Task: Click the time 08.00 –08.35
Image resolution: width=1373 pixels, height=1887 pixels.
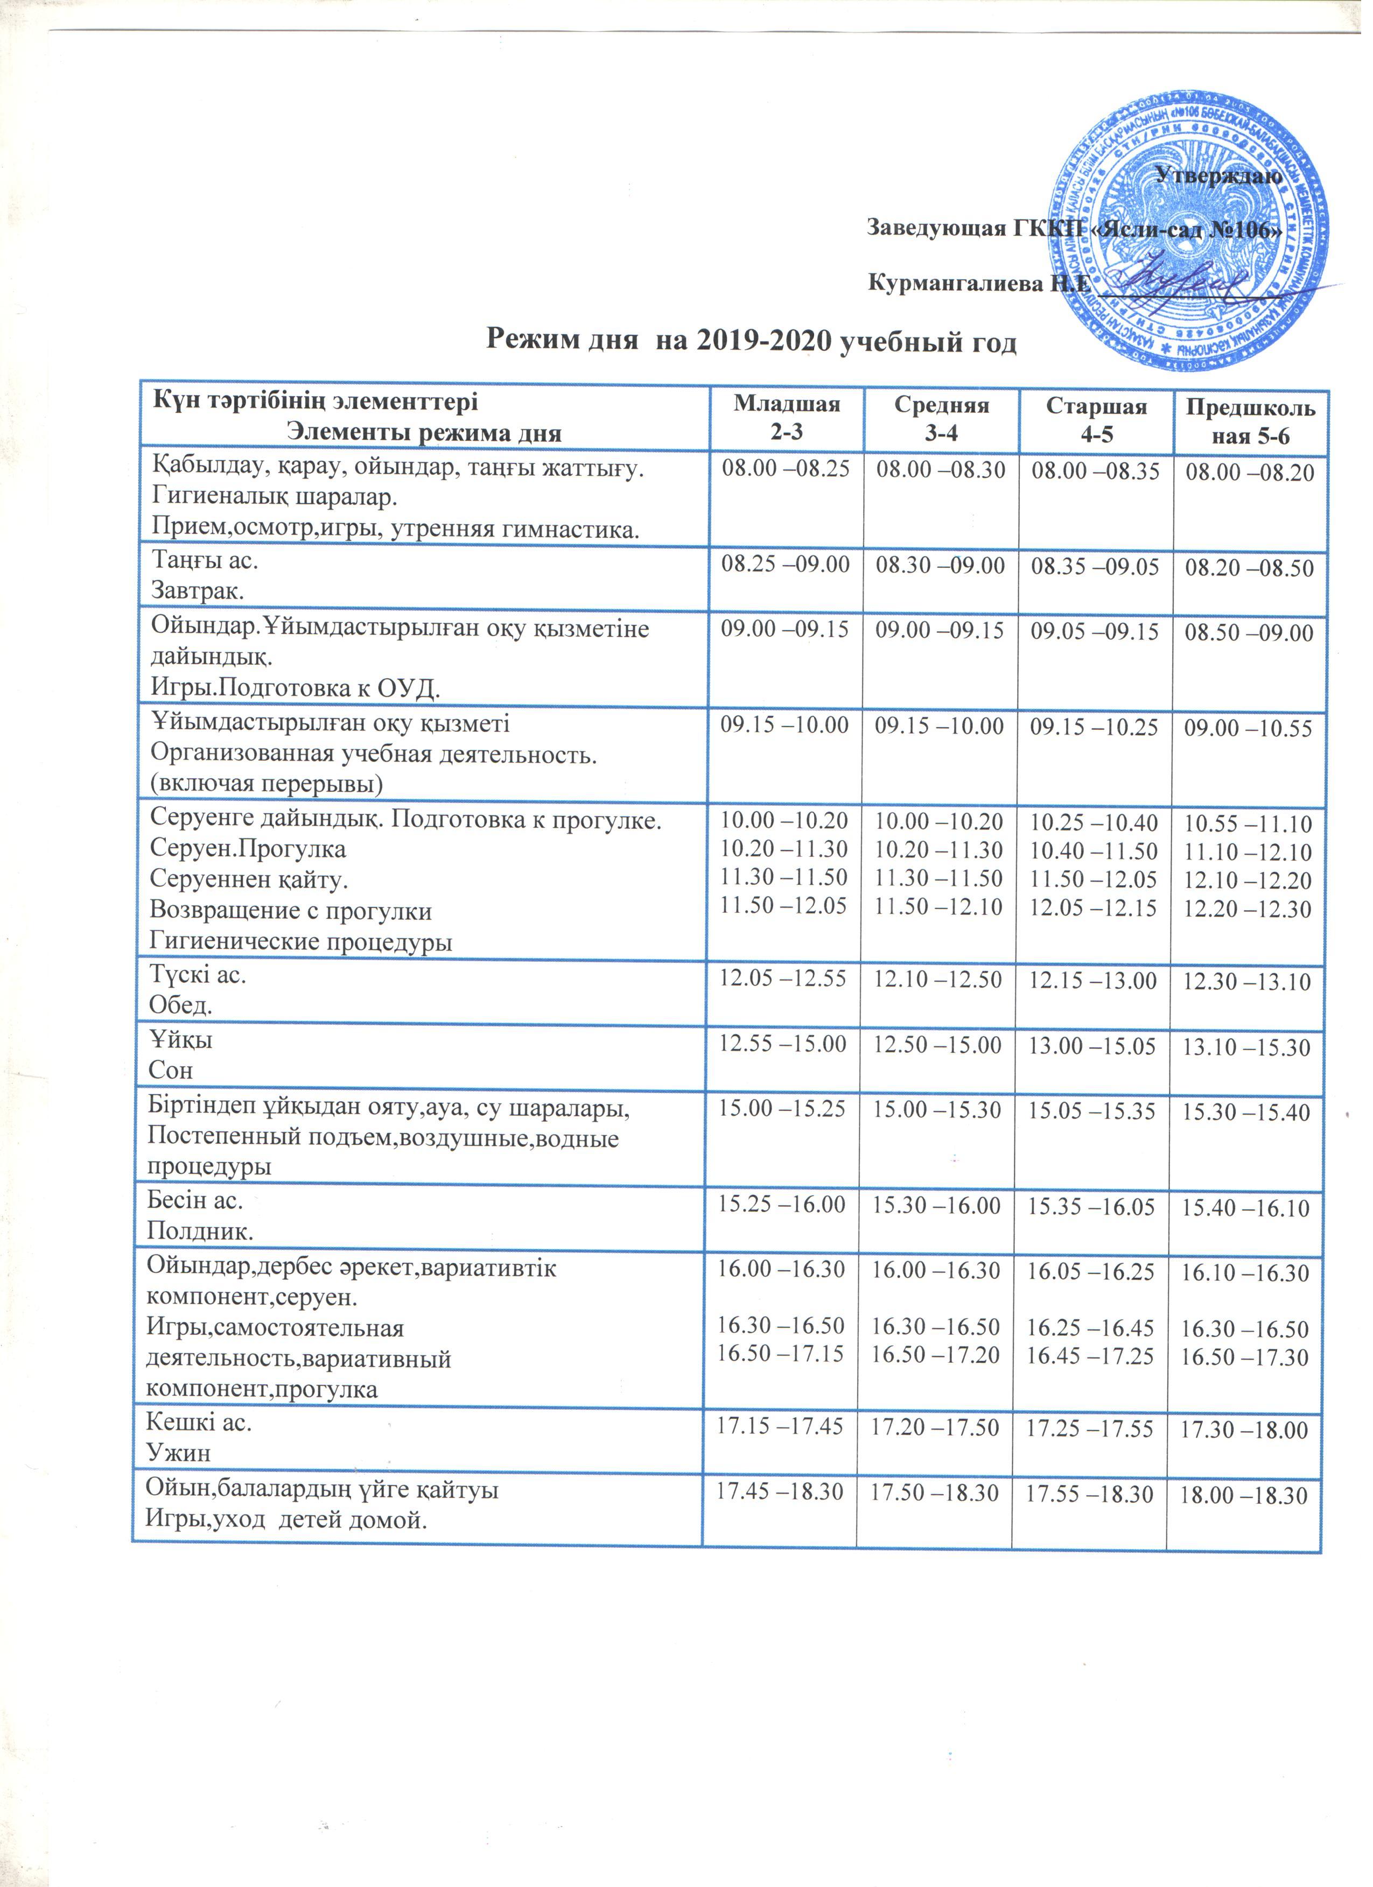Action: pyautogui.click(x=1095, y=471)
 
